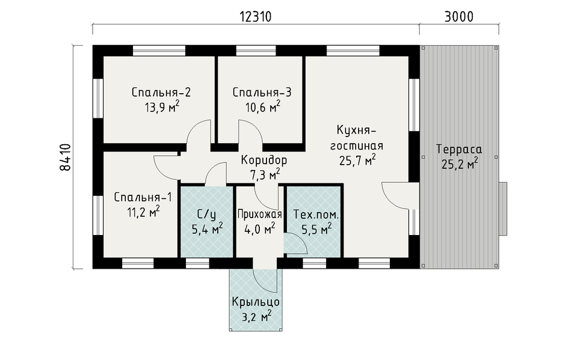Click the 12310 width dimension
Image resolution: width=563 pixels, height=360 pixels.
point(255,17)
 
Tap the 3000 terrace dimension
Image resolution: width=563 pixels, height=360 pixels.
point(459,17)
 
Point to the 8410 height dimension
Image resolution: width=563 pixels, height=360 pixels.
point(66,157)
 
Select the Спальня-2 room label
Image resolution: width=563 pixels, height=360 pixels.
point(161,92)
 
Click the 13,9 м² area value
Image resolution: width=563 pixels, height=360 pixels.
point(162,106)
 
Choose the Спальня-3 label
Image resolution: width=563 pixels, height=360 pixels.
point(262,92)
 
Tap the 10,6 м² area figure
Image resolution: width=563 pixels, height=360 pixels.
point(263,106)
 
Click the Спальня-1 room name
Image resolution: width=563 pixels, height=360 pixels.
point(143,197)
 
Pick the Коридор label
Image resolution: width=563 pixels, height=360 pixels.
point(264,160)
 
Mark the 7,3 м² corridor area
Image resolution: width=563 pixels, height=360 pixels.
point(265,175)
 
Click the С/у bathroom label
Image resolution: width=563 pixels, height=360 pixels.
point(207,215)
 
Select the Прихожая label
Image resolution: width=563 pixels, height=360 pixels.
point(260,215)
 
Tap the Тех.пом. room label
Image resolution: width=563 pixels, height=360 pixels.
point(316,215)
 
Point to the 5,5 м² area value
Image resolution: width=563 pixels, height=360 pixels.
point(316,229)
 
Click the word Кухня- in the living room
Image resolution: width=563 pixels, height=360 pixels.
point(356,130)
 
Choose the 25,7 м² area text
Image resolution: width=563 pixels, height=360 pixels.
point(358,160)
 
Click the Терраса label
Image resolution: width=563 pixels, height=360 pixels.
point(459,149)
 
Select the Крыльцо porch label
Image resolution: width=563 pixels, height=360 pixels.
point(256,302)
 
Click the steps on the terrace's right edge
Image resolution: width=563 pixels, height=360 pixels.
point(503,209)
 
